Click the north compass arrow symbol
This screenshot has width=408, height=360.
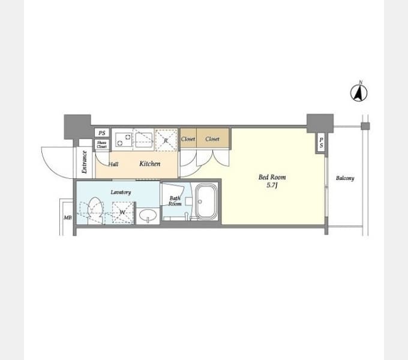(359, 93)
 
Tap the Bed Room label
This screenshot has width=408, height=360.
(272, 178)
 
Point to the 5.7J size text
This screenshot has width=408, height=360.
(272, 185)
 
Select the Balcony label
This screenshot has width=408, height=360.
(345, 178)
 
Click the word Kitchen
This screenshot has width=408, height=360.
(150, 164)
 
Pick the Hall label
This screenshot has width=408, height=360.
(113, 164)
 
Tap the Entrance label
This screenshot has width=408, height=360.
(84, 162)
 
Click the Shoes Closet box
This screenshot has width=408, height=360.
(102, 145)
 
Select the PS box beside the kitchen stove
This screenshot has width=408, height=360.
(102, 133)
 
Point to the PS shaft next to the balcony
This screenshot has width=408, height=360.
(322, 143)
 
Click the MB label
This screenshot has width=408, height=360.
(68, 217)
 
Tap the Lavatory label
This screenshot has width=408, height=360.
(121, 193)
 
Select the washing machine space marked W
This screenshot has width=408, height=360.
(123, 212)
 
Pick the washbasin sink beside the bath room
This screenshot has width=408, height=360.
(148, 215)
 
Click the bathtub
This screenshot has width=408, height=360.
(206, 202)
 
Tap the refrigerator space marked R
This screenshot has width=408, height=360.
(166, 140)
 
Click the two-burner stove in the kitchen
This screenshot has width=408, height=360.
(124, 140)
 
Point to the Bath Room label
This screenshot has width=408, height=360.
(175, 201)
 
